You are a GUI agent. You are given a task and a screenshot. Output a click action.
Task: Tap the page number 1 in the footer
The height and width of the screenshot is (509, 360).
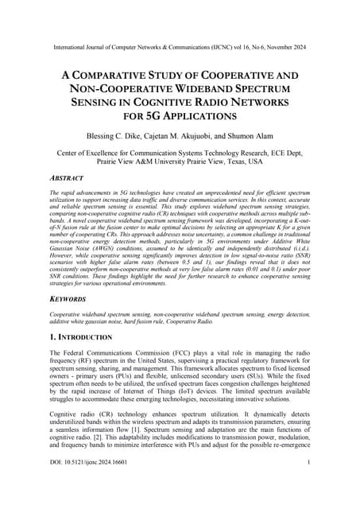click(x=307, y=484)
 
